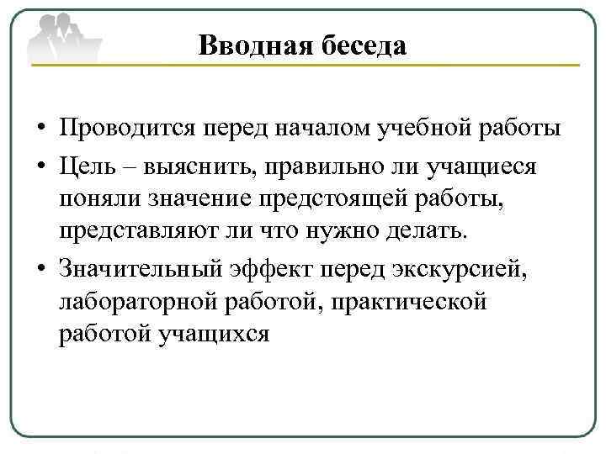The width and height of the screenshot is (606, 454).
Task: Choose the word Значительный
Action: coord(137,267)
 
